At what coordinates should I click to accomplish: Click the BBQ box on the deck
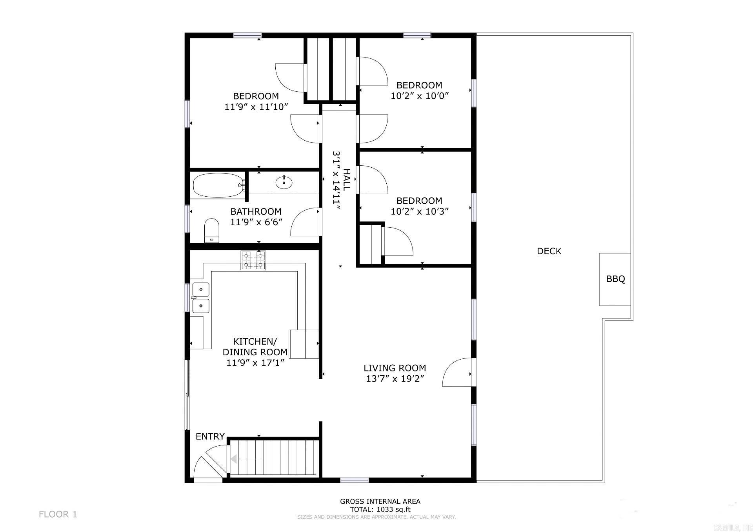click(615, 279)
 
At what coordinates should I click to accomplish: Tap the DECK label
click(549, 251)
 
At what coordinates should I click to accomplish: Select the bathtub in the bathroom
click(218, 185)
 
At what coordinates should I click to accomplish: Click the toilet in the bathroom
click(212, 231)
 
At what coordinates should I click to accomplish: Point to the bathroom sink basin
click(284, 182)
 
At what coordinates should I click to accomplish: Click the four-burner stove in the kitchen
click(253, 261)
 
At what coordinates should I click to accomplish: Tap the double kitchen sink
click(200, 297)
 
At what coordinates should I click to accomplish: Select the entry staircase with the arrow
click(273, 458)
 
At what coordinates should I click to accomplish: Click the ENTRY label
click(210, 436)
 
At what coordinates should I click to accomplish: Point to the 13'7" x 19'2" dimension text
click(395, 379)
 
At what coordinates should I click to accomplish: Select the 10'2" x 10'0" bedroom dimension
click(419, 96)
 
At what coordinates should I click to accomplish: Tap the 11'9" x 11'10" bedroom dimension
click(256, 107)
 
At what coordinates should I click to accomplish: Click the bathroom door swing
click(305, 223)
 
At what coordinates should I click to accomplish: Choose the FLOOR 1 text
click(58, 514)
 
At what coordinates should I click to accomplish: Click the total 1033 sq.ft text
click(380, 510)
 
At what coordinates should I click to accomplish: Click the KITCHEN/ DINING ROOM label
click(255, 347)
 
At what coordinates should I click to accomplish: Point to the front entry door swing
click(208, 468)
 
